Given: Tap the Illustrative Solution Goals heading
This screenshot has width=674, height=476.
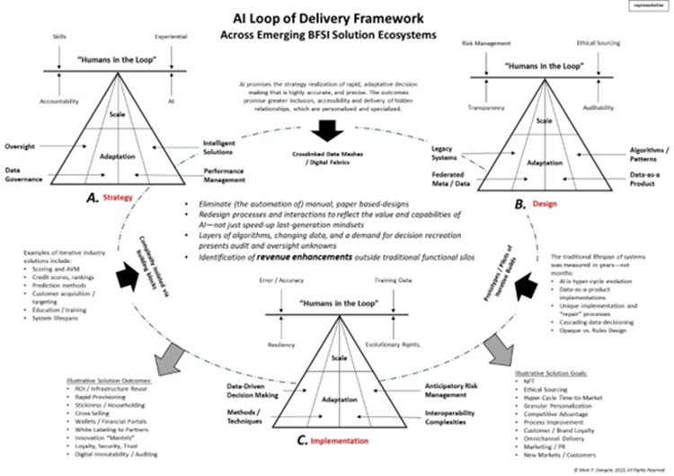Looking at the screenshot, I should click(546, 369).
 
